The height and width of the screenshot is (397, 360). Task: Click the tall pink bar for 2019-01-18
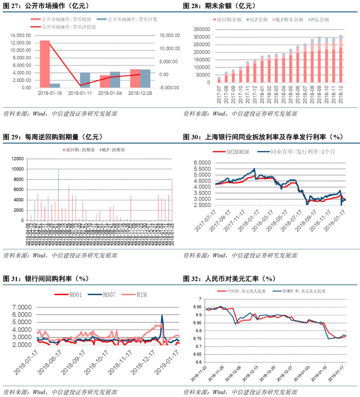click(45, 64)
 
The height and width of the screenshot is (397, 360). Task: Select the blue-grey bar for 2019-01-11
click(85, 80)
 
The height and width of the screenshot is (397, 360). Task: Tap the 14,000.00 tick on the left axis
click(21, 35)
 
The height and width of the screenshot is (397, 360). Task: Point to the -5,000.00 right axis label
click(169, 88)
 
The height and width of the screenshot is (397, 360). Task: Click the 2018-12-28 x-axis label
click(140, 93)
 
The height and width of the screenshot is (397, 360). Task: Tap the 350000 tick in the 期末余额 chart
click(202, 29)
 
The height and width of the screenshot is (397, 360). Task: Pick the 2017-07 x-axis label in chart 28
click(219, 95)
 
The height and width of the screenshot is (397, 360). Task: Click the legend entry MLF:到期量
click(113, 150)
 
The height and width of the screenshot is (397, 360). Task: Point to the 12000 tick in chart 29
click(18, 159)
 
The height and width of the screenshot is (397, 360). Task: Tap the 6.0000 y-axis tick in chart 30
click(202, 163)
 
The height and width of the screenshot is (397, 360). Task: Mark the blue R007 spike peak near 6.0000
click(162, 315)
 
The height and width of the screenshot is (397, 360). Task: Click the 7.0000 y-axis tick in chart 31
click(22, 307)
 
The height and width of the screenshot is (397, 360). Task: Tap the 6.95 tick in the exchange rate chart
click(197, 307)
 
